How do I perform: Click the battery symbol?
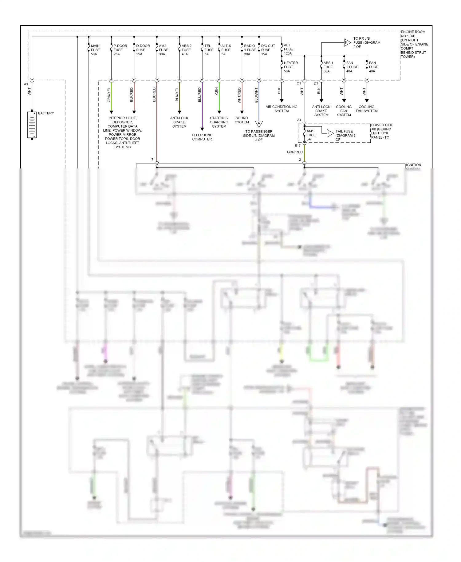[x=32, y=125]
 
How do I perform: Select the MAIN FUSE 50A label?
[x=95, y=50]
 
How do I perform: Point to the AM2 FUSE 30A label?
[x=163, y=50]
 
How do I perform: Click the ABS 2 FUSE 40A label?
[x=186, y=50]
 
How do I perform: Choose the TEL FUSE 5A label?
[x=209, y=50]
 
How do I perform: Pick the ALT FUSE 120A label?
[x=288, y=49]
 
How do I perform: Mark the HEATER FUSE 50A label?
[x=290, y=67]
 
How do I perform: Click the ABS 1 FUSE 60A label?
[x=328, y=67]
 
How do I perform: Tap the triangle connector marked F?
[x=347, y=42]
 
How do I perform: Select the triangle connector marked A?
[x=259, y=124]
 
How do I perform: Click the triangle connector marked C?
[x=330, y=133]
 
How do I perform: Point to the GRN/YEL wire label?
[x=109, y=95]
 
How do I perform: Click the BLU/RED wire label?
[x=200, y=95]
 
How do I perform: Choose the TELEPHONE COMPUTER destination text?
[x=202, y=137]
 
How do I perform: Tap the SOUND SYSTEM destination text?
[x=242, y=120]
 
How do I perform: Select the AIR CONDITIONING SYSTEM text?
[x=282, y=109]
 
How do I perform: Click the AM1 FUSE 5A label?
[x=311, y=135]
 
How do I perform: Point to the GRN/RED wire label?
[x=295, y=152]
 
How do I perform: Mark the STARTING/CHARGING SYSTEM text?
[x=219, y=122]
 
